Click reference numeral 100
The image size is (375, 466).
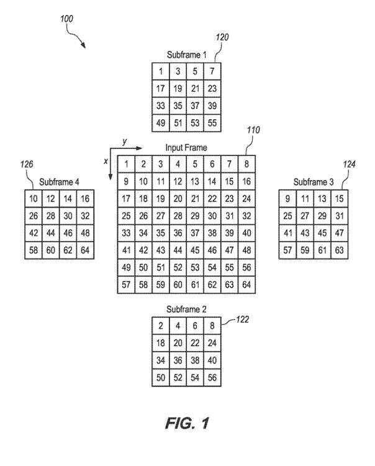67,19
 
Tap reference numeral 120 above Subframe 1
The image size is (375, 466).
222,37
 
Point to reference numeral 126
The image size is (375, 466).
25,164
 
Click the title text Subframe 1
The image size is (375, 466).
187,54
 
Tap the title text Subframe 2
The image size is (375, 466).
187,309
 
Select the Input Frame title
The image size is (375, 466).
186,148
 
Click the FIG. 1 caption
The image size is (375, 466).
187,424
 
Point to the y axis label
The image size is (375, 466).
124,142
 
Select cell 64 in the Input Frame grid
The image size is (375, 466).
246,285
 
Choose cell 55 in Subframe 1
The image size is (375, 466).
212,122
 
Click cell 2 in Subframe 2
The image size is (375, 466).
161,325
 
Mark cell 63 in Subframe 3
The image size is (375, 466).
338,250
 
